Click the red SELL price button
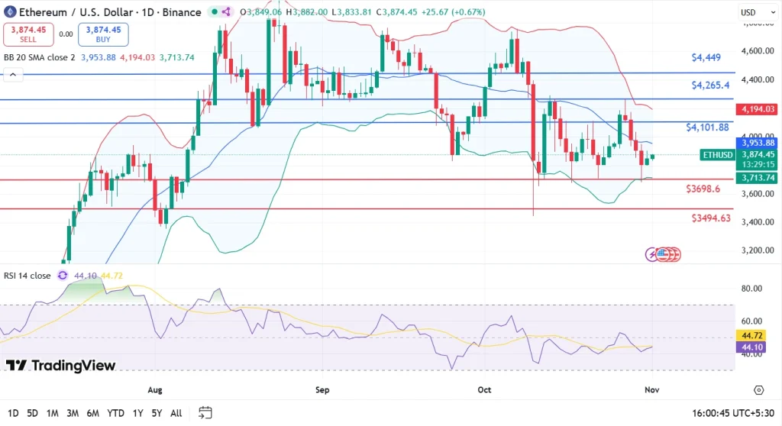click(x=28, y=34)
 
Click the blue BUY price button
click(x=103, y=34)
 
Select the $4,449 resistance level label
click(x=706, y=57)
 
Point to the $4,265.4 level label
click(x=710, y=85)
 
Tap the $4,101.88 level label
click(x=707, y=127)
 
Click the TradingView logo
click(x=61, y=366)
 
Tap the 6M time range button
click(x=92, y=413)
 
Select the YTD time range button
click(x=116, y=413)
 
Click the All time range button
click(x=176, y=413)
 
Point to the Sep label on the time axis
click(x=322, y=390)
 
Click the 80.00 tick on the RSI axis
click(x=753, y=289)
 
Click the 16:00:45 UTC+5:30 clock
click(x=730, y=413)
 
